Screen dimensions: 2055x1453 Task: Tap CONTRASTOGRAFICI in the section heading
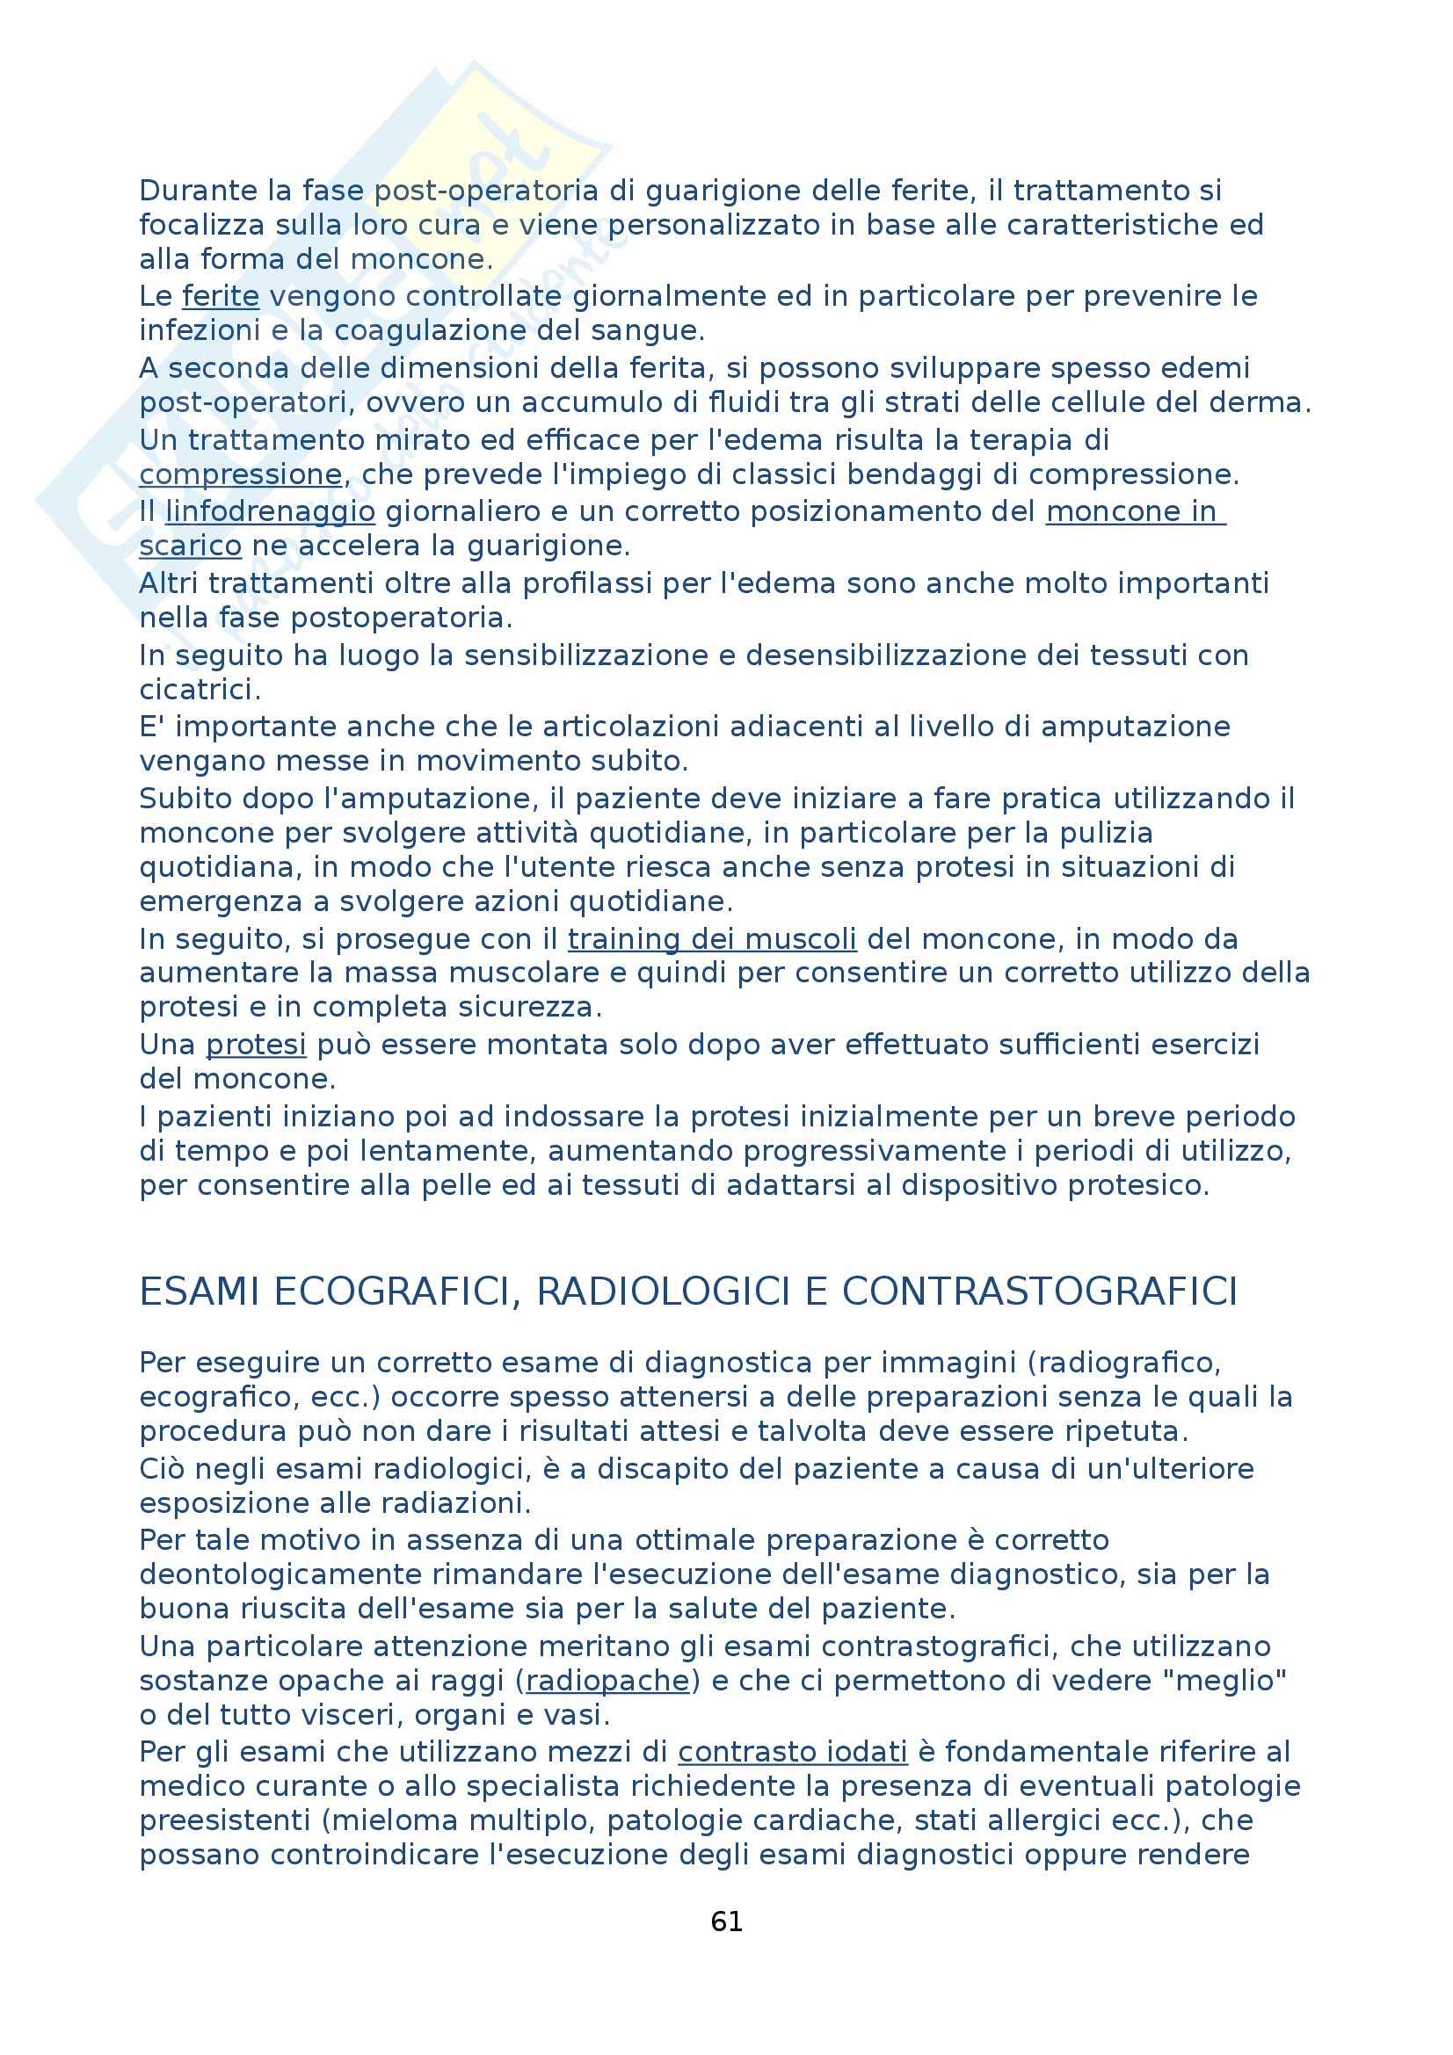1039,1292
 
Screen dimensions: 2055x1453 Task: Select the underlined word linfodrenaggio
270,512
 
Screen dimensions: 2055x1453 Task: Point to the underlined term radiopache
607,1681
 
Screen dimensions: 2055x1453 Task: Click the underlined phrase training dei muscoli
712,939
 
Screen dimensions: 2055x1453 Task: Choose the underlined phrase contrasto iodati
792,1752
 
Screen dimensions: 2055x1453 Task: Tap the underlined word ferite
221,296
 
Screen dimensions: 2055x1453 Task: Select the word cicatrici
200,690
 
